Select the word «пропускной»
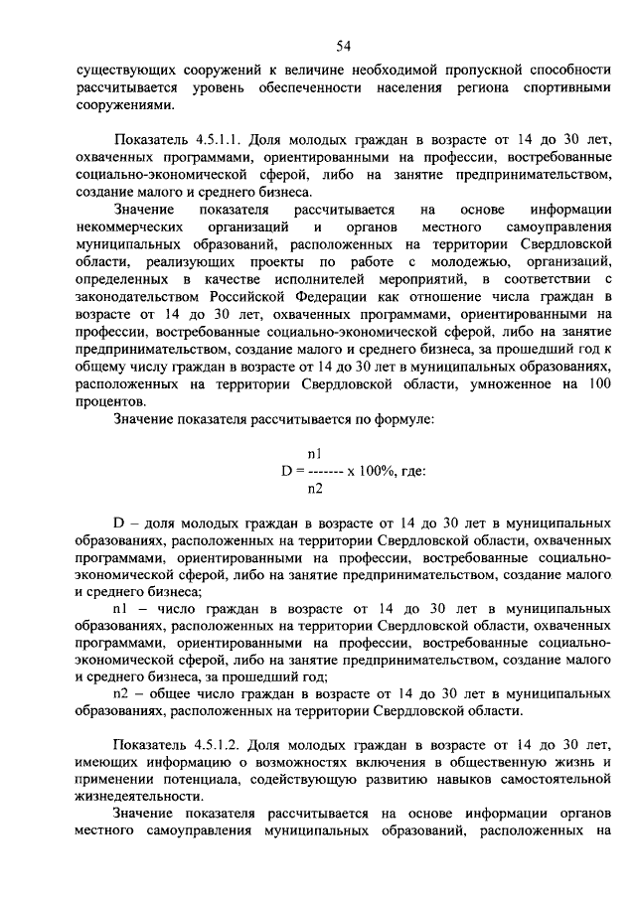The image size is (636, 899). (x=478, y=70)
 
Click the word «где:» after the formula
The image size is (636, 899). (x=416, y=470)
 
